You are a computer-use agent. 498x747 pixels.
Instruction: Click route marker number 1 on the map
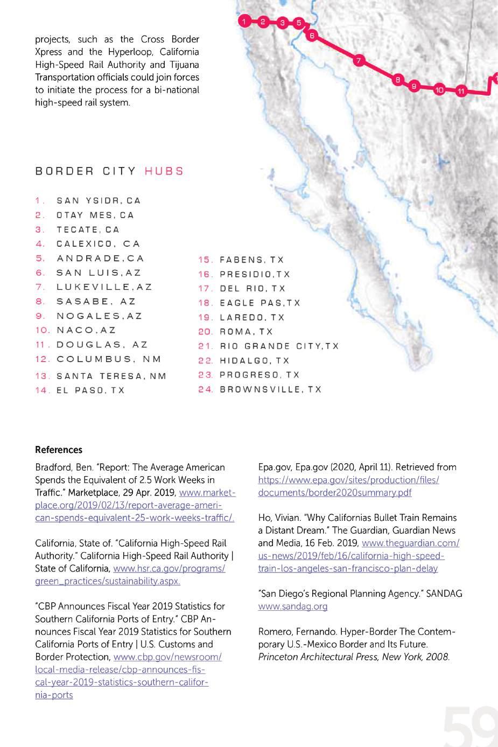pyautogui.click(x=244, y=22)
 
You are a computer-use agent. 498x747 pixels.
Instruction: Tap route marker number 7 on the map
pyautogui.click(x=359, y=60)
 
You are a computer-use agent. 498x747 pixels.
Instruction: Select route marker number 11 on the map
pyautogui.click(x=461, y=91)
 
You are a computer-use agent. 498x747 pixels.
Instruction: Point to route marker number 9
pyautogui.click(x=413, y=86)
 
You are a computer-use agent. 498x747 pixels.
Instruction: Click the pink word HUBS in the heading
pyautogui.click(x=164, y=171)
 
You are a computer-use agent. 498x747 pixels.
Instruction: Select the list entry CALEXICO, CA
pyautogui.click(x=98, y=244)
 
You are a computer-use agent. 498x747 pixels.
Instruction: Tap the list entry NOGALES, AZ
pyautogui.click(x=99, y=316)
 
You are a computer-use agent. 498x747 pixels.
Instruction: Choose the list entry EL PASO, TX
pyautogui.click(x=90, y=390)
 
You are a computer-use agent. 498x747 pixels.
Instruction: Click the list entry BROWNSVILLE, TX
pyautogui.click(x=270, y=389)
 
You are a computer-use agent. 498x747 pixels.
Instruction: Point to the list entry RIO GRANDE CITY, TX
pyautogui.click(x=279, y=346)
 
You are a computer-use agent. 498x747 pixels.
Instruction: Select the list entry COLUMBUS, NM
pyautogui.click(x=109, y=359)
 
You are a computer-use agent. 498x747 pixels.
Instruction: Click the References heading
pyautogui.click(x=59, y=450)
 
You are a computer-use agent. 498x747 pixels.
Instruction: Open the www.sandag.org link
pyautogui.click(x=293, y=606)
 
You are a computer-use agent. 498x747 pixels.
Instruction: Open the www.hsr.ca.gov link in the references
pyautogui.click(x=169, y=569)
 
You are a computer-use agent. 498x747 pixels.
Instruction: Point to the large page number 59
pyautogui.click(x=471, y=727)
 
